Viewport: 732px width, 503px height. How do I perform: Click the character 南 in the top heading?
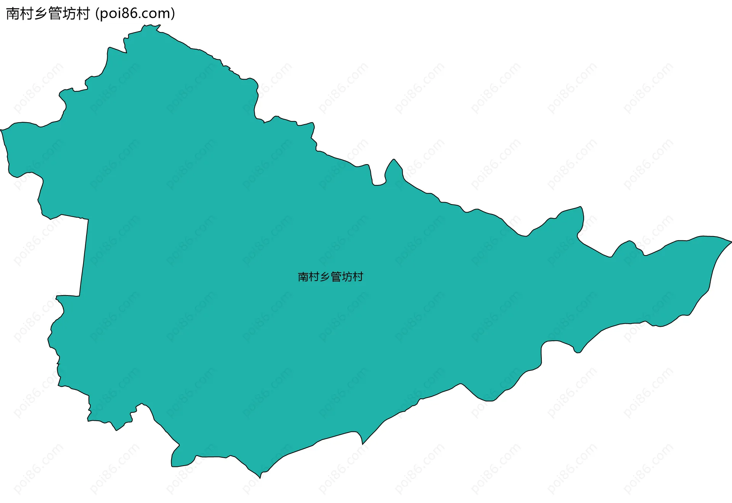pyautogui.click(x=13, y=14)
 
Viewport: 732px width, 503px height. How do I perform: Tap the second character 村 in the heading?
pyautogui.click(x=27, y=14)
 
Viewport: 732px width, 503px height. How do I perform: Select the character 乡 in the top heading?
pyautogui.click(x=41, y=14)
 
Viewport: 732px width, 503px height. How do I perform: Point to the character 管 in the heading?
pyautogui.click(x=55, y=14)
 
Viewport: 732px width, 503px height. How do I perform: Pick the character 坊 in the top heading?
pyautogui.click(x=69, y=14)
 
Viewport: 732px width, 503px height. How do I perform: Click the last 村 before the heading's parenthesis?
pyautogui.click(x=83, y=14)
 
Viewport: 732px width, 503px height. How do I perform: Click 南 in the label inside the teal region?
pyautogui.click(x=303, y=277)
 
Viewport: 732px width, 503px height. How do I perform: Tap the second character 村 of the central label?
pyautogui.click(x=314, y=277)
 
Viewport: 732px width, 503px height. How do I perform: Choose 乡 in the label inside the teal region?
pyautogui.click(x=325, y=277)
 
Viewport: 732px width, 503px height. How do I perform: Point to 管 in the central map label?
pyautogui.click(x=336, y=277)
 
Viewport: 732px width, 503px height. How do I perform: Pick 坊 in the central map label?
pyautogui.click(x=347, y=277)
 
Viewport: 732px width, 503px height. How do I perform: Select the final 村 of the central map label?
pyautogui.click(x=358, y=277)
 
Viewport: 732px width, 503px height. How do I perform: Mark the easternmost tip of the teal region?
pyautogui.click(x=731, y=241)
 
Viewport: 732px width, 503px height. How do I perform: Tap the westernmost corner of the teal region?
pyautogui.click(x=1, y=130)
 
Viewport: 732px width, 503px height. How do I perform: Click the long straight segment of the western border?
pyautogui.click(x=84, y=257)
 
